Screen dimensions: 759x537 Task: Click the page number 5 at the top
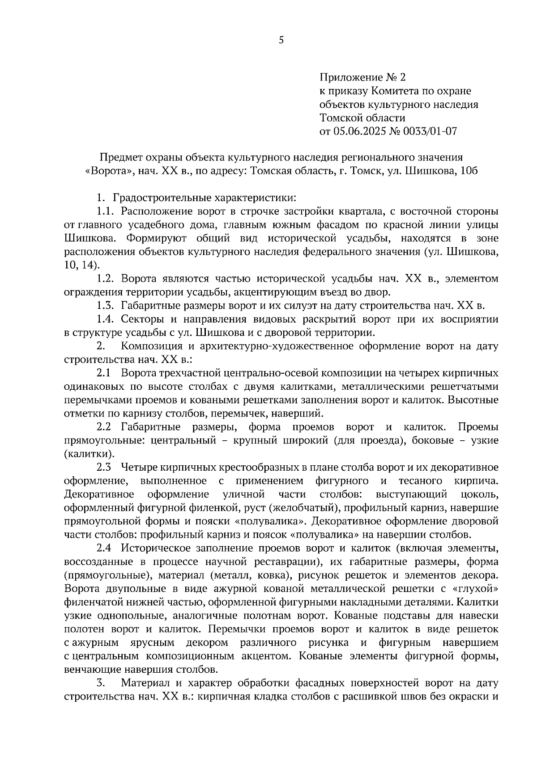click(281, 40)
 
